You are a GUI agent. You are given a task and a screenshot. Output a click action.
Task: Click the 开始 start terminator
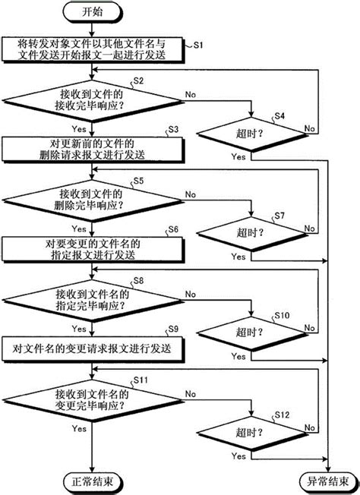click(x=92, y=12)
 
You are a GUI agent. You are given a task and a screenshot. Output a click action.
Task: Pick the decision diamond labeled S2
click(x=92, y=99)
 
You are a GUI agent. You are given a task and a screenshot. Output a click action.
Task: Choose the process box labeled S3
click(x=92, y=149)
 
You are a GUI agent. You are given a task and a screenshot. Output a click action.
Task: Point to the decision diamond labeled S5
click(x=92, y=199)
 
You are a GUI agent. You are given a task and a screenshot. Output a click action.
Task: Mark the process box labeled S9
click(x=92, y=349)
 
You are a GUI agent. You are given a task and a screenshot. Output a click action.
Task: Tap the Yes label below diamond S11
click(x=79, y=428)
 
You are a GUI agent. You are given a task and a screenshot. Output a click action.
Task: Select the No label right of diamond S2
click(x=189, y=96)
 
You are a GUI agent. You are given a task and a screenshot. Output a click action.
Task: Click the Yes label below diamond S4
click(x=237, y=156)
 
